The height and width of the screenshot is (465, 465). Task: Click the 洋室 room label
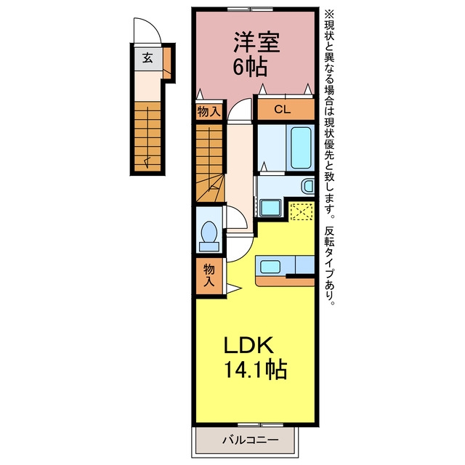(256, 42)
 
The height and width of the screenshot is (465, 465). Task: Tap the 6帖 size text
(250, 66)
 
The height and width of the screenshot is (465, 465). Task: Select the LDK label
(248, 345)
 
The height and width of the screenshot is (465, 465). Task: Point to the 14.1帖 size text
(255, 370)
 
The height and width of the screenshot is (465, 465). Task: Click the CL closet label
(282, 110)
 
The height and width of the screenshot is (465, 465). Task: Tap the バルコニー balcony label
(251, 440)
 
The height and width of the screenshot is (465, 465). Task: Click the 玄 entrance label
(147, 58)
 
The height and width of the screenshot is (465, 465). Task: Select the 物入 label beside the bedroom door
(209, 112)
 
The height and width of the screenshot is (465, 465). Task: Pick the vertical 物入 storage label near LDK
(209, 275)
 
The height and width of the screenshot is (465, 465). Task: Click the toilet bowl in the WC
(209, 232)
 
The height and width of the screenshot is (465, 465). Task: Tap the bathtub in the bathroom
(301, 147)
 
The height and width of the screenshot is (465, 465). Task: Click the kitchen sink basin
(270, 267)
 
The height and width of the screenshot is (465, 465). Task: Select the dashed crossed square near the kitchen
(302, 211)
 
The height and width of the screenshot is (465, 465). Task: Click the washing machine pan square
(270, 208)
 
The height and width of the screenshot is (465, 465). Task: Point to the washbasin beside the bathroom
(308, 186)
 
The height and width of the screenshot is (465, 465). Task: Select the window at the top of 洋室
(250, 9)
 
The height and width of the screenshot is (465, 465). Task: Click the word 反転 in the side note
(329, 236)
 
